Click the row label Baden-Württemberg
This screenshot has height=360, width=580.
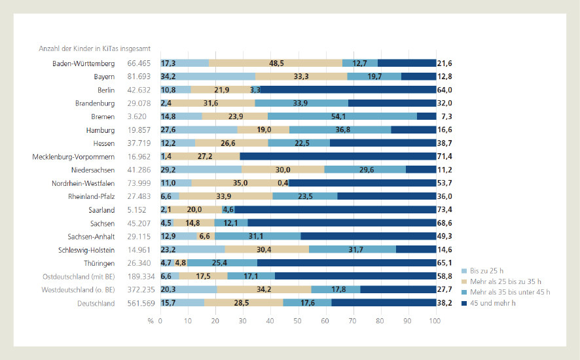[x=84, y=63]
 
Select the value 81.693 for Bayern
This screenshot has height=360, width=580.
[x=139, y=77]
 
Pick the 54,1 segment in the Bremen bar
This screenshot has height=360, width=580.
[x=342, y=117]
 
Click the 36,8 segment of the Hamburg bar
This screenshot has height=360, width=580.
[x=340, y=130]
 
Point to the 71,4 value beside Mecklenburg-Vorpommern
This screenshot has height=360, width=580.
[x=445, y=156]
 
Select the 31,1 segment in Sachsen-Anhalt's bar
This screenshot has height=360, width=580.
[x=257, y=236]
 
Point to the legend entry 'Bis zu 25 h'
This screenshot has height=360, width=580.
[x=486, y=270]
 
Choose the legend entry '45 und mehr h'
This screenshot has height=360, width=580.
[x=491, y=303]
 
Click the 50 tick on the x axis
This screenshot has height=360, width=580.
[x=298, y=320]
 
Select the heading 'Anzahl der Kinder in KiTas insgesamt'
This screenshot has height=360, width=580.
[x=94, y=48]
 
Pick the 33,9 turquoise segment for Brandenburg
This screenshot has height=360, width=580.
[x=302, y=103]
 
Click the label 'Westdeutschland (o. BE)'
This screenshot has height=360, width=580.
[x=78, y=290]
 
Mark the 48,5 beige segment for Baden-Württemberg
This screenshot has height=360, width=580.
[x=276, y=63]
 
